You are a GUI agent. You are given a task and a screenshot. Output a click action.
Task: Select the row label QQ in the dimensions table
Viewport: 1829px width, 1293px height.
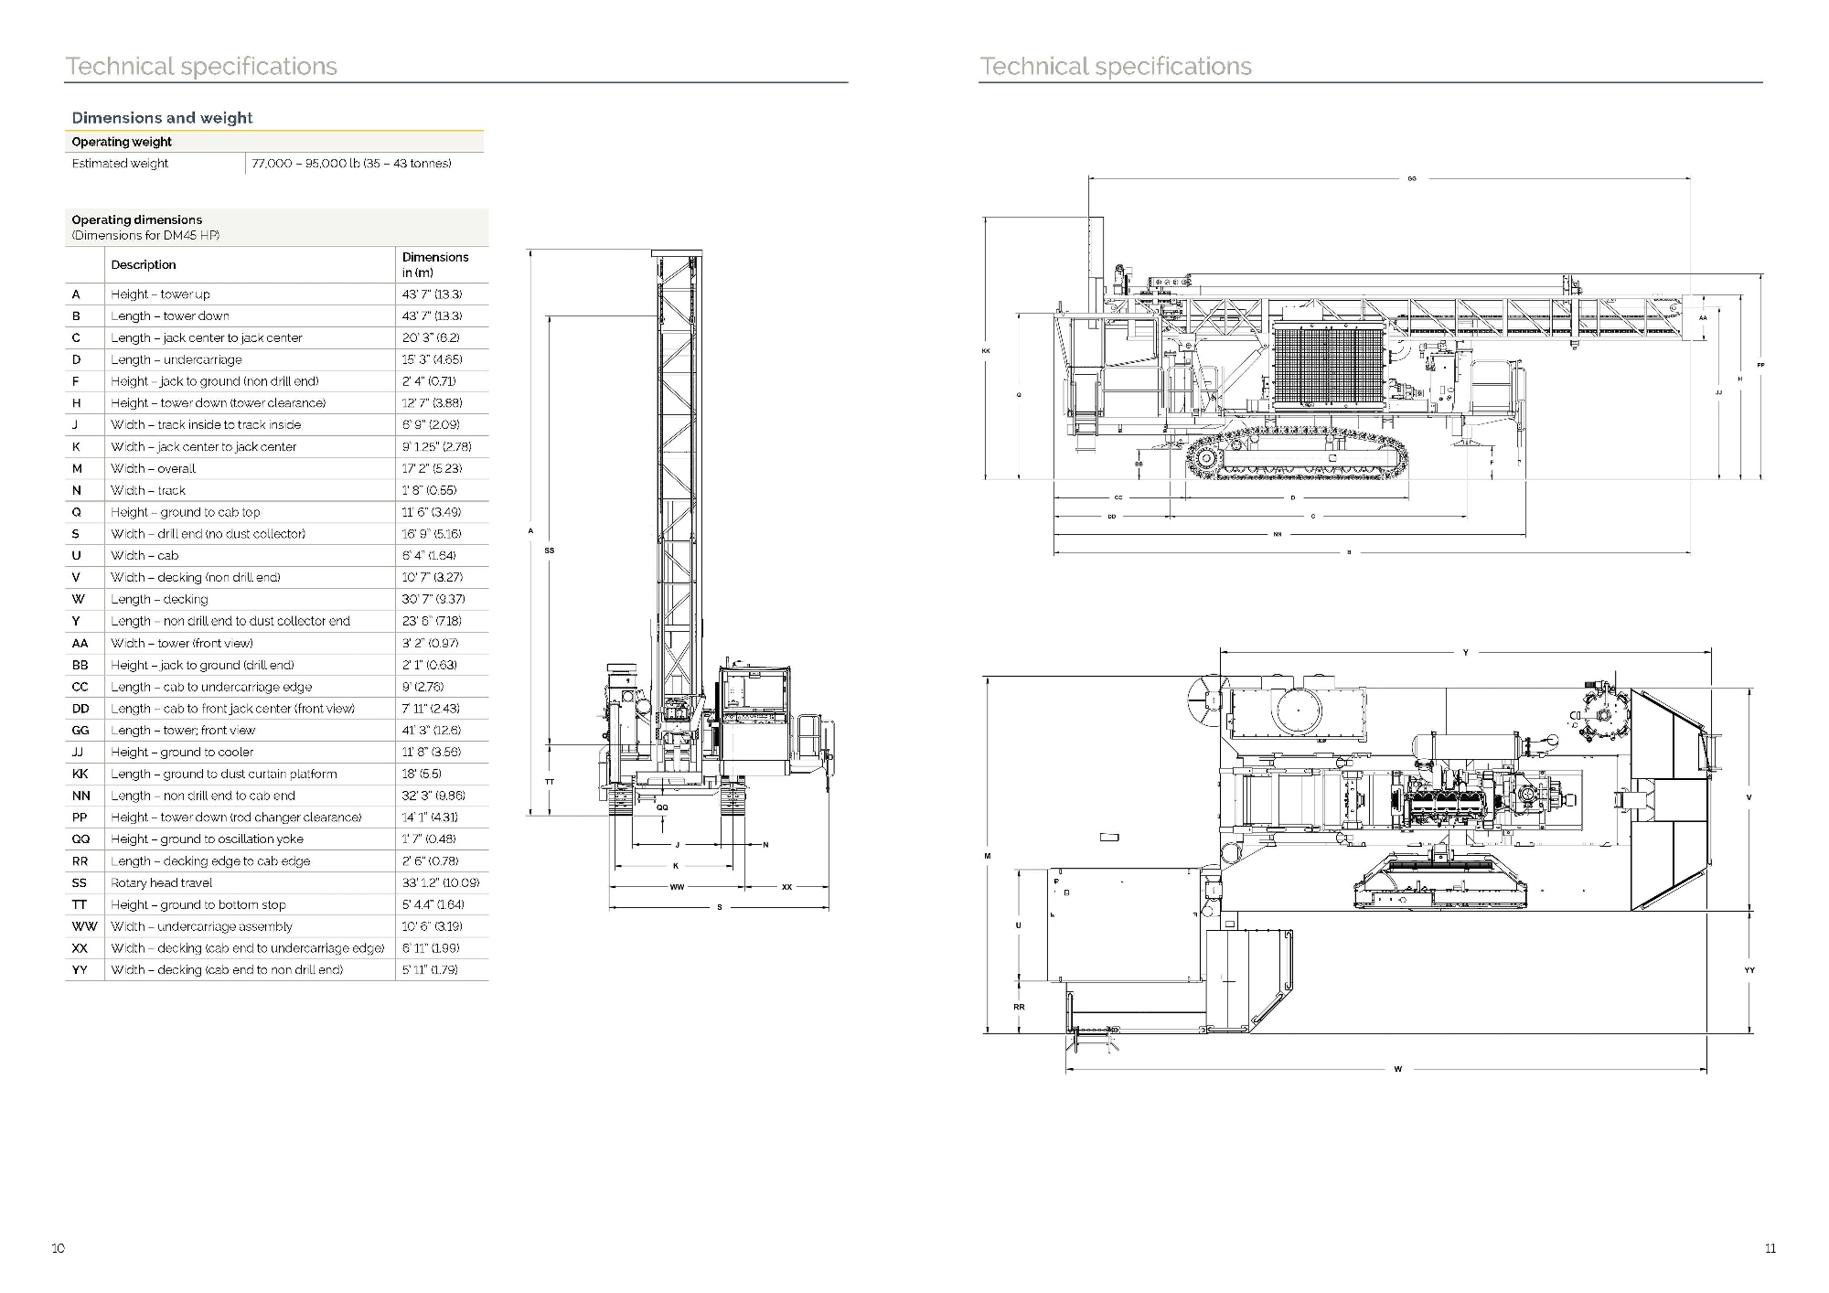[x=80, y=839]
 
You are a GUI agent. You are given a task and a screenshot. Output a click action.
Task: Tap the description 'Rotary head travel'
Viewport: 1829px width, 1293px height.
[x=162, y=883]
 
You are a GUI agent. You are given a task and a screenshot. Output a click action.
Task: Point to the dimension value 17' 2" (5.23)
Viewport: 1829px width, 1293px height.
[x=432, y=468]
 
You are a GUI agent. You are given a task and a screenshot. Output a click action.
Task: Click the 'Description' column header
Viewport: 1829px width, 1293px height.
[x=144, y=265]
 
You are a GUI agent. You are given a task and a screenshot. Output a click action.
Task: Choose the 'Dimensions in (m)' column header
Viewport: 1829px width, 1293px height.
[x=435, y=264]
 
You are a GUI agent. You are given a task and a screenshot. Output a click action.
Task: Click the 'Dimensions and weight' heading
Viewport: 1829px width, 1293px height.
[x=162, y=118]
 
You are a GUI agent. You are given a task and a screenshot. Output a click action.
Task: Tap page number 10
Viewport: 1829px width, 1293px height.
[x=59, y=1248]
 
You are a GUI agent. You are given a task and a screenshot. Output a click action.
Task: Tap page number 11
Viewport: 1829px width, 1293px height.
[x=1770, y=1248]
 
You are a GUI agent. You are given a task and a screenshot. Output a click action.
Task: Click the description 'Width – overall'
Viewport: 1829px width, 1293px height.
[x=154, y=468]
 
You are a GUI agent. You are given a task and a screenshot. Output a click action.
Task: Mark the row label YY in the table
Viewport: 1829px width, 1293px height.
[x=80, y=970]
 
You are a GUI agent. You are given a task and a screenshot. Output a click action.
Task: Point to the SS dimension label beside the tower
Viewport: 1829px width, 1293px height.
[x=549, y=550]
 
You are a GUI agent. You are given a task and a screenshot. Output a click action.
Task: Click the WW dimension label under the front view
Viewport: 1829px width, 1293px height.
[x=677, y=887]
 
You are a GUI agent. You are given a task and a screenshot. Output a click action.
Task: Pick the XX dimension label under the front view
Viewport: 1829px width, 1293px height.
[x=786, y=887]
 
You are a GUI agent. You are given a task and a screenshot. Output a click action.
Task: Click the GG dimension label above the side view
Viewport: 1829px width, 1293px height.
[x=1412, y=179]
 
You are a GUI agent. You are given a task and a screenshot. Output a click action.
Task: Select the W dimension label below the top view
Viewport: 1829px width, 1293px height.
[x=1397, y=1069]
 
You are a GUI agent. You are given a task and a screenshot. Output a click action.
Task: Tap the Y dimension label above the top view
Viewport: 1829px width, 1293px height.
[x=1465, y=653]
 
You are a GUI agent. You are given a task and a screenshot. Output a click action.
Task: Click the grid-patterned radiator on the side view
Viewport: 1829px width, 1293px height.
[x=1328, y=367]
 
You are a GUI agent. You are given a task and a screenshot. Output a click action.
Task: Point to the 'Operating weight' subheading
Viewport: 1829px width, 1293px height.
[x=122, y=142]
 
